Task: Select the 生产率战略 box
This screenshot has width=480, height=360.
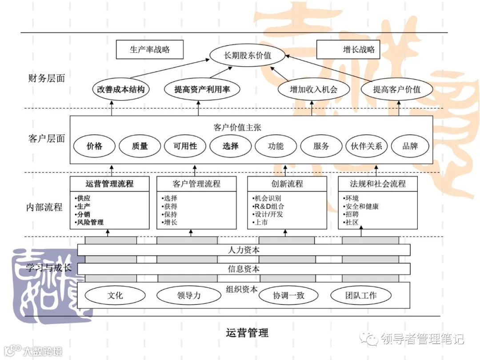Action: click(150, 50)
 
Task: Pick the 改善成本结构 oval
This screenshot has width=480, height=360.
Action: click(121, 89)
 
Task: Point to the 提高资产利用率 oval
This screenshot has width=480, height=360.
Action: click(202, 89)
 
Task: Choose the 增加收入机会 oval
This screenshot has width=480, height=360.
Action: click(313, 89)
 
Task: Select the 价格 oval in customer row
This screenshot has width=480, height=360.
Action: click(94, 146)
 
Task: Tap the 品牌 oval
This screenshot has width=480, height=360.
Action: click(410, 146)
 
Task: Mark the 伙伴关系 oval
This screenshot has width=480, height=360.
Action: click(366, 146)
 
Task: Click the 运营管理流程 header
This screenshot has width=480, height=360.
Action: click(109, 184)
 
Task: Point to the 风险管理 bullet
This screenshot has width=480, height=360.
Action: click(90, 222)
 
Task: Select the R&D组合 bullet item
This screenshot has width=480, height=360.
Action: click(268, 206)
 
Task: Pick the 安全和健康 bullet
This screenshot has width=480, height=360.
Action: click(360, 206)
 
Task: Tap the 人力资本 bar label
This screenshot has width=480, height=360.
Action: click(244, 250)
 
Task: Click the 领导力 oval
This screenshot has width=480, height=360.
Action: click(188, 295)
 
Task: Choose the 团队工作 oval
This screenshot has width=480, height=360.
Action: click(361, 295)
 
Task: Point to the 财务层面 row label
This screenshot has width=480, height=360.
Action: click(46, 78)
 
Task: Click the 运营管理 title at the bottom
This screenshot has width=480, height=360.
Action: click(247, 332)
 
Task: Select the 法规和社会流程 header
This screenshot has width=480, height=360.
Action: click(377, 184)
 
